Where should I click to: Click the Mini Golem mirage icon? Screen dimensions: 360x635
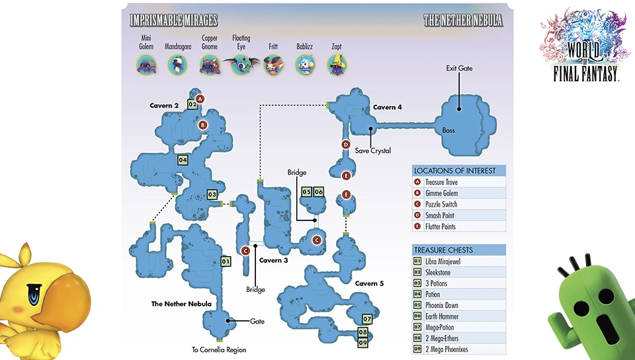(x=146, y=64)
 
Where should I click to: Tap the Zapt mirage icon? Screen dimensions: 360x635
(x=337, y=64)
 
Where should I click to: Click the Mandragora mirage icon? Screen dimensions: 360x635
(x=177, y=64)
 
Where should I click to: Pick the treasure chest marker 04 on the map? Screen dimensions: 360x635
(x=183, y=159)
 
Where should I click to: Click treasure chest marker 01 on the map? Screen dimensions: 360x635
(x=225, y=261)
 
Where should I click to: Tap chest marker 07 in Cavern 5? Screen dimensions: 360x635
(x=367, y=319)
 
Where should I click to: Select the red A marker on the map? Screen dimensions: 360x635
(x=200, y=99)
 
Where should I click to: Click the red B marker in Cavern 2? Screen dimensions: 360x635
(x=203, y=124)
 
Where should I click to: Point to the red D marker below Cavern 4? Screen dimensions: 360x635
(x=345, y=144)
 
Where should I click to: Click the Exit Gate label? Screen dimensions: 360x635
(x=459, y=68)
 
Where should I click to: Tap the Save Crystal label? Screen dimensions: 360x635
(x=373, y=151)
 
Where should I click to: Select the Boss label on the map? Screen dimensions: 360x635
(x=448, y=130)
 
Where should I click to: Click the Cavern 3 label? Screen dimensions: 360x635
(x=273, y=260)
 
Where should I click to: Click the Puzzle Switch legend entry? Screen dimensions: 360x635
(x=441, y=204)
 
